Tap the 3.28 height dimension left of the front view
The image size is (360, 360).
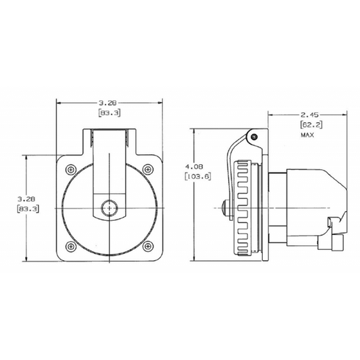pos(27,198)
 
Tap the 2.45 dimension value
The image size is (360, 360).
pos(309,115)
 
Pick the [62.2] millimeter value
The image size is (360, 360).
pos(309,125)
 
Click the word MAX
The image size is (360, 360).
pos(308,136)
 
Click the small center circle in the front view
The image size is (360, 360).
pos(108,207)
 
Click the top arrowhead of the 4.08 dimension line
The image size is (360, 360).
pos(194,129)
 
